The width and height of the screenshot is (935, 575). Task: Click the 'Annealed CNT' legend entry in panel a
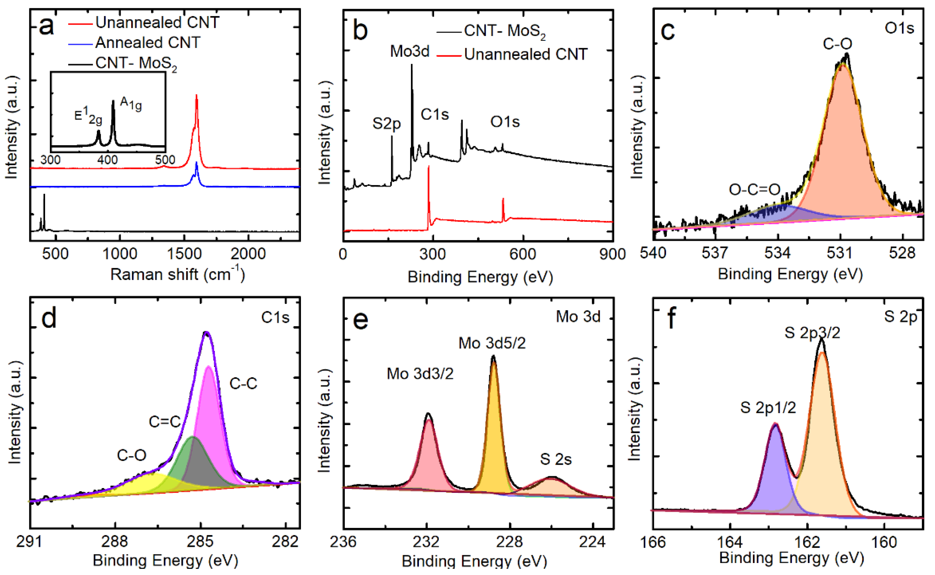point(148,42)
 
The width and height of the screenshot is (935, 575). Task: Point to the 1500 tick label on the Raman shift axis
point(184,254)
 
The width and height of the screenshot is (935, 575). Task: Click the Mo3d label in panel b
point(410,51)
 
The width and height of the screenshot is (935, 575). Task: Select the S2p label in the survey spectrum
point(386,124)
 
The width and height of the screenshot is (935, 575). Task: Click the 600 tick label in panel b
point(523,254)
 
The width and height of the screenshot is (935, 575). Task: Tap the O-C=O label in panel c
point(754,189)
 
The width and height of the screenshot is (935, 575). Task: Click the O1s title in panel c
point(899,28)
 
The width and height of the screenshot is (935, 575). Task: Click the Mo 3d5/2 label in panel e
point(492,343)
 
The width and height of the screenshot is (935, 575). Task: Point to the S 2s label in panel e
point(556,459)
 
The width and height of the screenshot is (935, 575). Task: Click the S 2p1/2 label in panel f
point(768,408)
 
